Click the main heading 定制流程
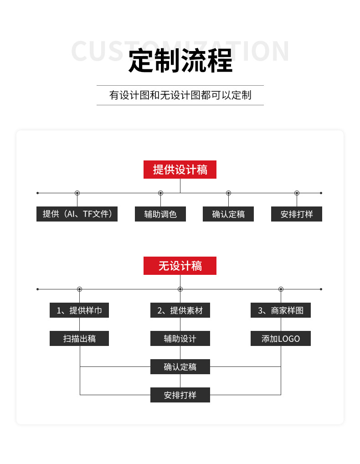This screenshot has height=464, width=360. click(x=180, y=61)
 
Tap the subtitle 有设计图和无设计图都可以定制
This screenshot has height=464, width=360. click(x=180, y=95)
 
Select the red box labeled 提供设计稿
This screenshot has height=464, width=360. click(x=180, y=170)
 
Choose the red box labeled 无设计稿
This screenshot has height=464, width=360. click(x=180, y=266)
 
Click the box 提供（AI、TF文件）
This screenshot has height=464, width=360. click(x=77, y=214)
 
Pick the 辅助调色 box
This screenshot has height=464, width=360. click(x=160, y=214)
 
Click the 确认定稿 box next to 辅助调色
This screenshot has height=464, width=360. click(x=228, y=214)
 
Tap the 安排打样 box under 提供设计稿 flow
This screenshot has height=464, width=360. click(x=297, y=214)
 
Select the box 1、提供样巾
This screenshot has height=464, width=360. click(x=79, y=310)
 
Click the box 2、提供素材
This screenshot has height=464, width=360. click(x=180, y=310)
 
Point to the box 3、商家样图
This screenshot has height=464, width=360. click(x=281, y=310)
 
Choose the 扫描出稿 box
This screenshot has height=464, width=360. click(x=79, y=339)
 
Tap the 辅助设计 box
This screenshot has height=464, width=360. click(x=180, y=339)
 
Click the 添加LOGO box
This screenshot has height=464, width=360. click(x=281, y=339)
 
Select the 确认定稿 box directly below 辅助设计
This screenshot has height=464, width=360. click(x=180, y=367)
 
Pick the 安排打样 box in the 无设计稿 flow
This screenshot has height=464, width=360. click(x=180, y=395)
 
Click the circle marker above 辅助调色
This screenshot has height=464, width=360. click(x=160, y=193)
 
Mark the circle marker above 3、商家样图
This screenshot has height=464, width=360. click(x=281, y=289)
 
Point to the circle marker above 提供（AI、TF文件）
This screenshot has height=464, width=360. click(x=77, y=193)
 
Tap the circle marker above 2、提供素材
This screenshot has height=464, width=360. click(x=180, y=289)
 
